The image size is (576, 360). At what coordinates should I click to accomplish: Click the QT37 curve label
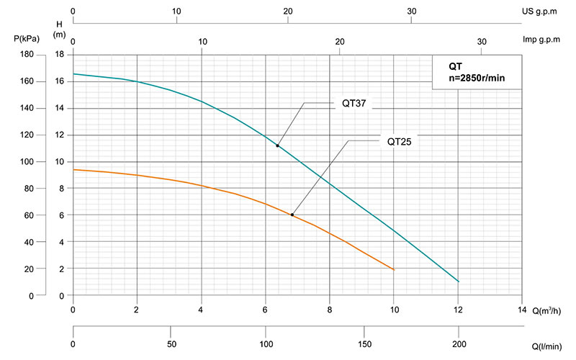click(x=354, y=103)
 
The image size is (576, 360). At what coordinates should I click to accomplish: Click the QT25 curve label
click(x=398, y=141)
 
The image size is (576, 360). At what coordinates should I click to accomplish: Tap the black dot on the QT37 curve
click(x=277, y=145)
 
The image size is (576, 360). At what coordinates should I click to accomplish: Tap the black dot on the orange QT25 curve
click(x=292, y=215)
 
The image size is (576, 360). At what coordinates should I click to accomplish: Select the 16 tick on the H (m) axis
click(x=60, y=81)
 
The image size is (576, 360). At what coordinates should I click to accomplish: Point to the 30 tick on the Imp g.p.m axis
click(x=482, y=41)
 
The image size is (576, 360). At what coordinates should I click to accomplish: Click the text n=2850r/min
click(x=476, y=77)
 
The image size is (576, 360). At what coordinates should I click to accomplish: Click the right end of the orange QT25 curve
click(x=395, y=269)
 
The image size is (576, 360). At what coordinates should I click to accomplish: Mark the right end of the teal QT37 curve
click(x=459, y=282)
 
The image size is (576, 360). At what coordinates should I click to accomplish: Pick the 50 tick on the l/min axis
click(x=170, y=343)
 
